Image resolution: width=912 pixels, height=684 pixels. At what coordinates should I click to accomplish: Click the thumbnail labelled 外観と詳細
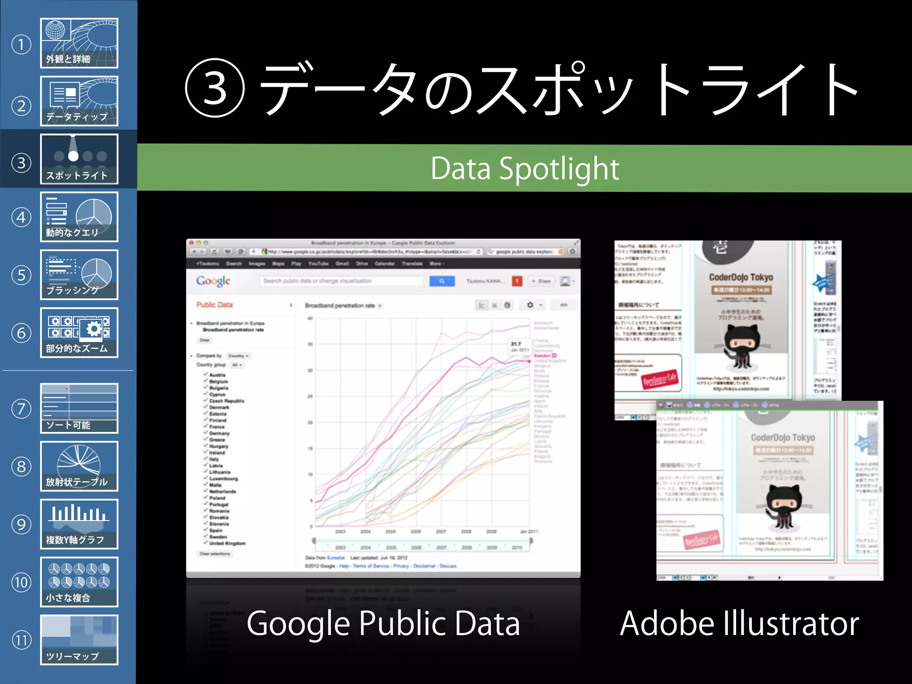pos(79,43)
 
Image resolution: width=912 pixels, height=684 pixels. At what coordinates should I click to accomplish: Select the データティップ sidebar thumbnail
pos(79,101)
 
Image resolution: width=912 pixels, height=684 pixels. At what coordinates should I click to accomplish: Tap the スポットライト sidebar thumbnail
pos(79,159)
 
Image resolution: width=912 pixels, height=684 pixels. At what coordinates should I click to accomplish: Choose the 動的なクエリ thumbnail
pos(79,217)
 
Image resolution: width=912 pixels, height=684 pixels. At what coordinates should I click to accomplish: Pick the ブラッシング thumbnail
pos(79,275)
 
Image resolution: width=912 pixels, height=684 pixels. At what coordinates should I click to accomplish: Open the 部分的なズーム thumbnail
pos(79,333)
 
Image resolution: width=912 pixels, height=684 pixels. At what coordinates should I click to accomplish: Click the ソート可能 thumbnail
pos(79,408)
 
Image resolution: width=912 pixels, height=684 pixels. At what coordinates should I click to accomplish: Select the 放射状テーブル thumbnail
pos(79,466)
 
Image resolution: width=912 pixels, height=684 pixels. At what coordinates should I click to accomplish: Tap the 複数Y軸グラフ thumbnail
pos(79,524)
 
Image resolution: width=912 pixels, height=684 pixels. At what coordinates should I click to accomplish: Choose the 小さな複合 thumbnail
pos(79,582)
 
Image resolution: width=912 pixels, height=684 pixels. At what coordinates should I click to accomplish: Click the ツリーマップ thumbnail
pos(79,640)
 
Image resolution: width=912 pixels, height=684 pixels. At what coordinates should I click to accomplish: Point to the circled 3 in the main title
pos(215,88)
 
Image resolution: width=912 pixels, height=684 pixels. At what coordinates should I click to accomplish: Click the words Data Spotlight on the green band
pos(525,168)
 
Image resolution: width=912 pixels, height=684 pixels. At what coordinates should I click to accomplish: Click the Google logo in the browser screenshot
pos(213,281)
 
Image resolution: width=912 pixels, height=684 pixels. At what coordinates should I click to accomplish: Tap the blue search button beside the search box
pos(442,281)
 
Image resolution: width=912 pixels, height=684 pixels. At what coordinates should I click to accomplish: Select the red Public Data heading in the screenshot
pos(215,305)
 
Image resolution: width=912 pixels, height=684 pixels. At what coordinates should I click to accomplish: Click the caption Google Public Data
pos(383,623)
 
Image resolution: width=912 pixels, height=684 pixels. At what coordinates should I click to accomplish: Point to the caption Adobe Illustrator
pos(739,623)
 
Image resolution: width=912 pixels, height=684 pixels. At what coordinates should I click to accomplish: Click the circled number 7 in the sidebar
pos(21,409)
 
